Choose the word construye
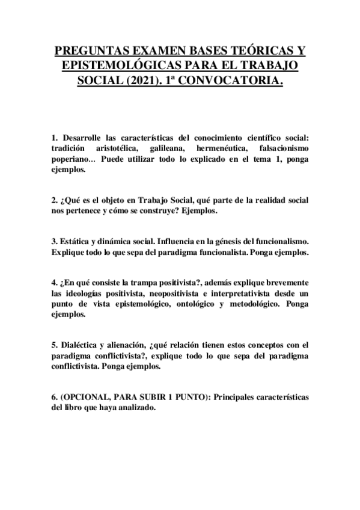172,213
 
